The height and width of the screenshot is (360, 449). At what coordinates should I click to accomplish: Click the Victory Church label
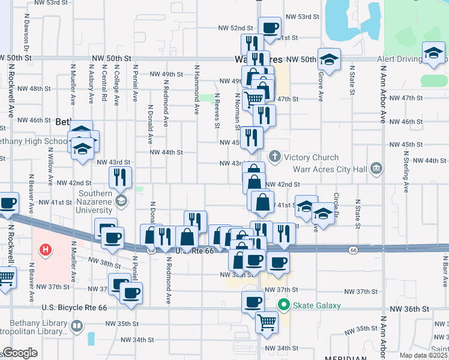click(x=312, y=158)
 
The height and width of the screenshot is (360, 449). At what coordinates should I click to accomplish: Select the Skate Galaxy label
click(x=316, y=305)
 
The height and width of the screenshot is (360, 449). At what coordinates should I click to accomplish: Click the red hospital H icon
click(x=46, y=250)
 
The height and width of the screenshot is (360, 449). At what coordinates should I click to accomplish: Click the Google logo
click(x=19, y=353)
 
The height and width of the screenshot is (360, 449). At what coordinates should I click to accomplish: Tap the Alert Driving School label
click(x=401, y=59)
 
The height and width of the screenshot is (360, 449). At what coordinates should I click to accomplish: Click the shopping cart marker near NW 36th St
click(x=267, y=322)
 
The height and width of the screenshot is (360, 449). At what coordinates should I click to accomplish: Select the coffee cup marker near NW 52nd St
click(x=270, y=27)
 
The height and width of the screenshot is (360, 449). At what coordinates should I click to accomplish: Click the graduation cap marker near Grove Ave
click(x=329, y=59)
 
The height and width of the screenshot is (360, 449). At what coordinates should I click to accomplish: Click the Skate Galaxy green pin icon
click(x=286, y=305)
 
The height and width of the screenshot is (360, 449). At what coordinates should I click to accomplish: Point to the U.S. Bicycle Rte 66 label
click(x=74, y=307)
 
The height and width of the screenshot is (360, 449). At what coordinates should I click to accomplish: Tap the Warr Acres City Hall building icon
click(x=376, y=168)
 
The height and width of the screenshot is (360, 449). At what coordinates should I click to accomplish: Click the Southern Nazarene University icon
click(x=122, y=200)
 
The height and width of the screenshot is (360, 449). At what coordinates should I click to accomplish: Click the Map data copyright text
click(x=424, y=355)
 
